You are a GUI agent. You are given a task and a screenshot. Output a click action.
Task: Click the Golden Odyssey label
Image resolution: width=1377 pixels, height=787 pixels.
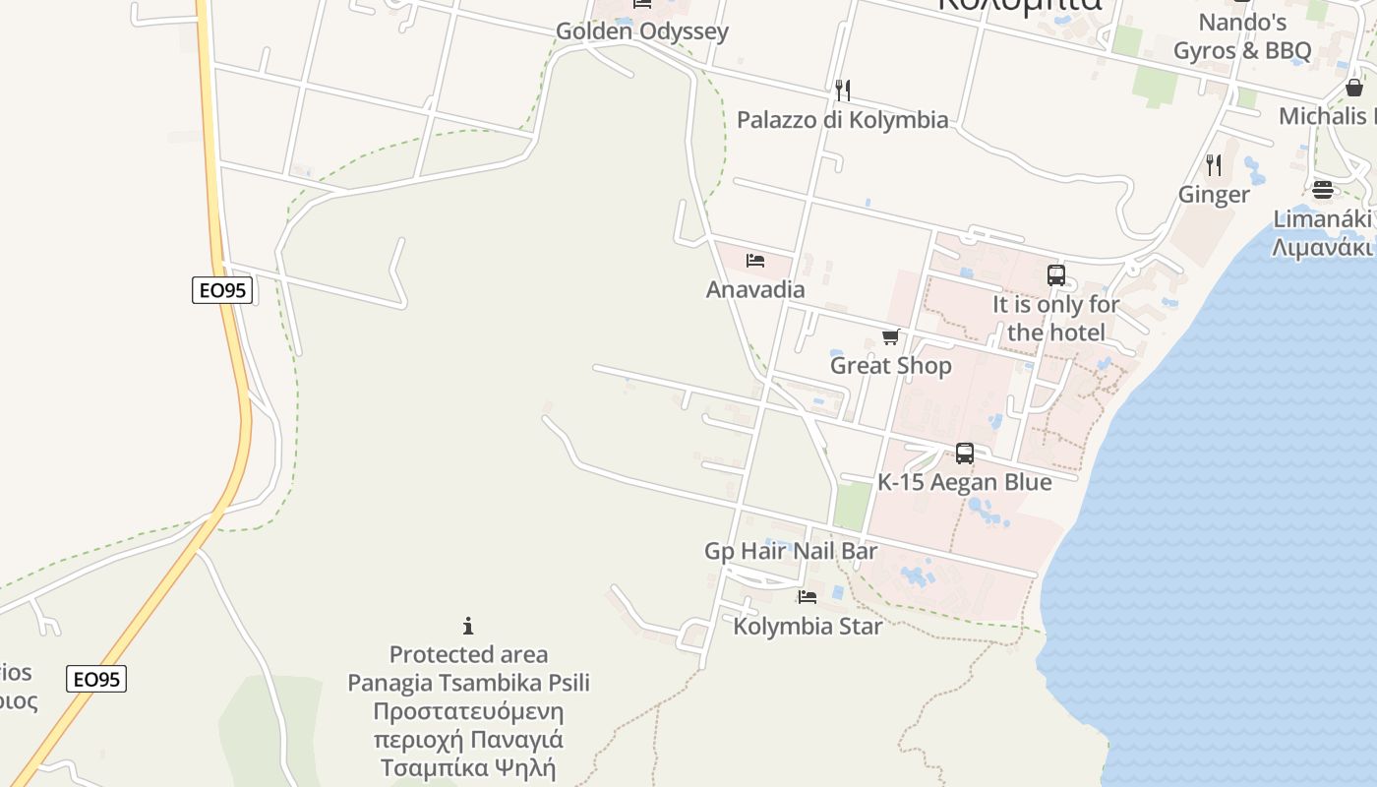(642, 31)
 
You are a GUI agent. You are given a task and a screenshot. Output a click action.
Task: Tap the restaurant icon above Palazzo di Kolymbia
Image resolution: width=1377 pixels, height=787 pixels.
(842, 91)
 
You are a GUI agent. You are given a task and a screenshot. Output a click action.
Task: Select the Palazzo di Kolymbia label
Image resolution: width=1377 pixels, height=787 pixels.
(843, 120)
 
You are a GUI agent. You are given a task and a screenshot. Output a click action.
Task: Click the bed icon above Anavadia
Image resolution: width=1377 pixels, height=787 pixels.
(755, 261)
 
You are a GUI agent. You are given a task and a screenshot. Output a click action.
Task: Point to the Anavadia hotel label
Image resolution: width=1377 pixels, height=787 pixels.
(755, 289)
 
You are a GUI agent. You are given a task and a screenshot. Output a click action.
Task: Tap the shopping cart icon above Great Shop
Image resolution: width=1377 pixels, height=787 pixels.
(891, 337)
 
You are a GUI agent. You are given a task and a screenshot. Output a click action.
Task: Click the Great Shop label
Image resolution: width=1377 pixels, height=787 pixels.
(891, 366)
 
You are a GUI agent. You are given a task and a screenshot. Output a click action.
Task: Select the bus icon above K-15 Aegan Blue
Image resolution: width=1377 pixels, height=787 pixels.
(965, 454)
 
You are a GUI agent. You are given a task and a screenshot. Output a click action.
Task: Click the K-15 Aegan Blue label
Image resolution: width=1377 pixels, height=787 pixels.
(965, 482)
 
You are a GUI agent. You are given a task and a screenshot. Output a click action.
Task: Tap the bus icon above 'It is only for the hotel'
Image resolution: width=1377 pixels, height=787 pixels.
(1056, 275)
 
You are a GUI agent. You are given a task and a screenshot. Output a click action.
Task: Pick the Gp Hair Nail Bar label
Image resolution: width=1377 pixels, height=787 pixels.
(791, 551)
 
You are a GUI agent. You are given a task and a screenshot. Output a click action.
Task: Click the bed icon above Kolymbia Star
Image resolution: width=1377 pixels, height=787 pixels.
(808, 596)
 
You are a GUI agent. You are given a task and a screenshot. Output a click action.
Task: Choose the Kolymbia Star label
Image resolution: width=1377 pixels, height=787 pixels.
(808, 626)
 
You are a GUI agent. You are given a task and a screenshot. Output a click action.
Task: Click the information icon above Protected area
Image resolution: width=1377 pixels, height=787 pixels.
(468, 626)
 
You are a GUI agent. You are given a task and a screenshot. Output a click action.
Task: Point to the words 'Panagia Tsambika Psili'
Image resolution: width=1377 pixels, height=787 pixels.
(468, 683)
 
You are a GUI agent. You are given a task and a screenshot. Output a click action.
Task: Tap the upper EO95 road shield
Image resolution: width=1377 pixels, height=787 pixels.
(222, 290)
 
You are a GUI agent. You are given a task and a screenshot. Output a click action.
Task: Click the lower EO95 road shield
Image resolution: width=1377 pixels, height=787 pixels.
(97, 679)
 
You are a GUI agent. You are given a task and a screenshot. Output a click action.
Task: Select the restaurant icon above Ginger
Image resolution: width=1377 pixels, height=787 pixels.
(1214, 165)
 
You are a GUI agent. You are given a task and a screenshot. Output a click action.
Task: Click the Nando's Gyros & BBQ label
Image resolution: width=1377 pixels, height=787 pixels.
(1242, 36)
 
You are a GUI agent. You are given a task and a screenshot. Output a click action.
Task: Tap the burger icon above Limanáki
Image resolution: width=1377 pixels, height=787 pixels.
(1323, 189)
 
